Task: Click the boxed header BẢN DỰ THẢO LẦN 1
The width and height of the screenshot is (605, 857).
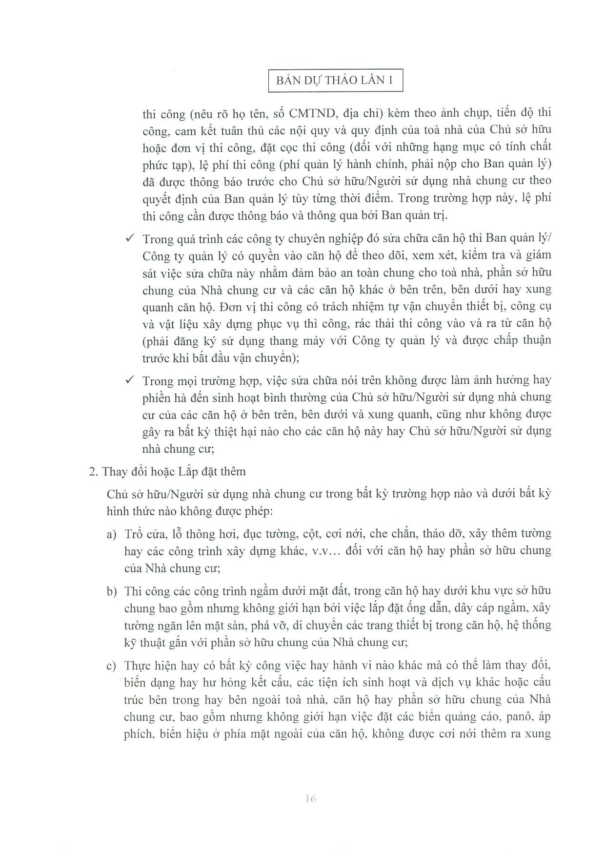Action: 335,81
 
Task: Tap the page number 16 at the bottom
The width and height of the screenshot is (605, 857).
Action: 311,799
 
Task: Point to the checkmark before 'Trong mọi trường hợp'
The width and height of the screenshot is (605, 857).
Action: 130,379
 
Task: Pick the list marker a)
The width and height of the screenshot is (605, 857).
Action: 112,534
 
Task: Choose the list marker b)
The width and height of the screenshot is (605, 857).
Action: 112,591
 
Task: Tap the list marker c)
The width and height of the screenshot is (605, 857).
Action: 112,666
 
